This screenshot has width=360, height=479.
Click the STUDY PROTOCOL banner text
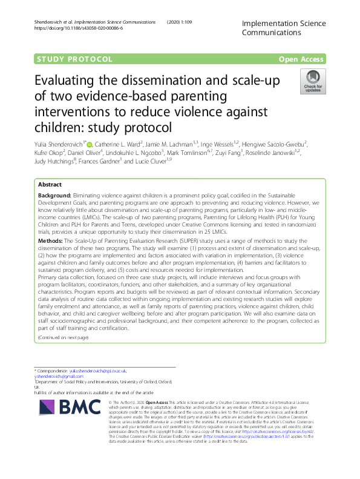(x=74, y=59)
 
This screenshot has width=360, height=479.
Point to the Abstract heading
(x=50, y=185)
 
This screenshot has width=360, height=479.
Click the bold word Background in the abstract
(x=54, y=197)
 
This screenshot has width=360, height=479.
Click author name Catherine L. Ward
(x=129, y=144)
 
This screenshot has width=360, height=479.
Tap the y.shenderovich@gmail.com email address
(x=59, y=376)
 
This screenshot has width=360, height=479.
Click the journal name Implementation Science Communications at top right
(x=283, y=28)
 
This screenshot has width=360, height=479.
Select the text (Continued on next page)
(x=63, y=337)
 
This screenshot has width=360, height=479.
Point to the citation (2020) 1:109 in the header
(x=180, y=22)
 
